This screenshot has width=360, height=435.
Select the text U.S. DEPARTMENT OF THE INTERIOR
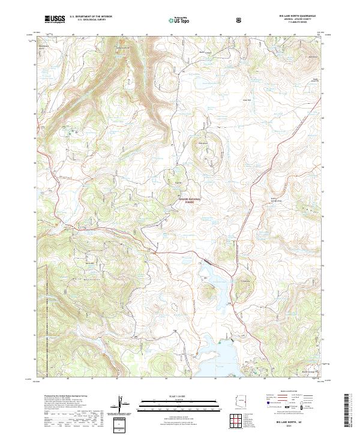(91, 17)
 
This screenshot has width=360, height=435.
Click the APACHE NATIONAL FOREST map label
(189, 200)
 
